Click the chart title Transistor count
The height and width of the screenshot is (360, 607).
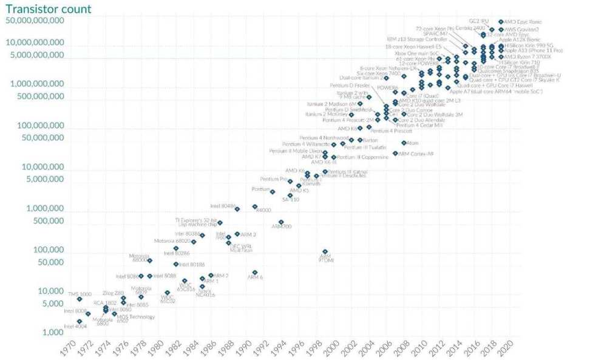coord(49,8)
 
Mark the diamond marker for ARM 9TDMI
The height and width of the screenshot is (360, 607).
coord(325,251)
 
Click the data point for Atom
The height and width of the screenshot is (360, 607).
coord(404,143)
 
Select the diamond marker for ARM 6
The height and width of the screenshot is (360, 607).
coord(255,273)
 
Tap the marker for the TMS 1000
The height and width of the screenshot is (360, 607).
coord(80,299)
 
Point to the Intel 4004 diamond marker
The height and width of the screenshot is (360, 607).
coord(80,321)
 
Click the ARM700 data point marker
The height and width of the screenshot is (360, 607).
coord(281,222)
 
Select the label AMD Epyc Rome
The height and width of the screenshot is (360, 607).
coord(523,22)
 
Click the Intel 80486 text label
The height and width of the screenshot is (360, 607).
coord(222,206)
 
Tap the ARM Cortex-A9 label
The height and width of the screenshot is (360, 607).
coord(416,154)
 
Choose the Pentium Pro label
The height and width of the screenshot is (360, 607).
coord(273,179)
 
